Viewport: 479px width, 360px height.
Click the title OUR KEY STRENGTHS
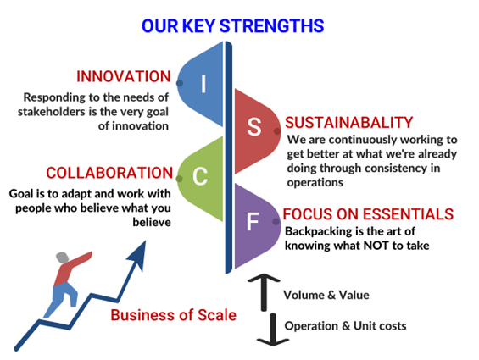tap(232, 25)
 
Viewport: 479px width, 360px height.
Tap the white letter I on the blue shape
tap(203, 84)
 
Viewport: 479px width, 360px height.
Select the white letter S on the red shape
tap(254, 126)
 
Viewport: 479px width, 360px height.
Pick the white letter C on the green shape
tap(200, 176)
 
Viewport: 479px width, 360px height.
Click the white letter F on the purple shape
tap(253, 221)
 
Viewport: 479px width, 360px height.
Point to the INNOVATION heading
tap(124, 76)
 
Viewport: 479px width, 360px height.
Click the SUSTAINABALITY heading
tap(348, 123)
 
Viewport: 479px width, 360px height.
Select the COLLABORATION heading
tap(109, 173)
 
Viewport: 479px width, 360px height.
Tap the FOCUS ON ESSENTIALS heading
tap(368, 214)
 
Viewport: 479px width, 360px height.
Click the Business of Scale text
tap(174, 315)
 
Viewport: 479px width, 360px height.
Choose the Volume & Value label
tap(326, 295)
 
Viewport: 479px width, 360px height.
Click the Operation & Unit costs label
tap(346, 326)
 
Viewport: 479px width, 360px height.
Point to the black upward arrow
tap(264, 292)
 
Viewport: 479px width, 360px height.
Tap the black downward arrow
tap(273, 330)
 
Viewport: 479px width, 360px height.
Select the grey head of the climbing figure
tap(63, 258)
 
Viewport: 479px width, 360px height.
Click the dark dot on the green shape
tap(180, 179)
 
